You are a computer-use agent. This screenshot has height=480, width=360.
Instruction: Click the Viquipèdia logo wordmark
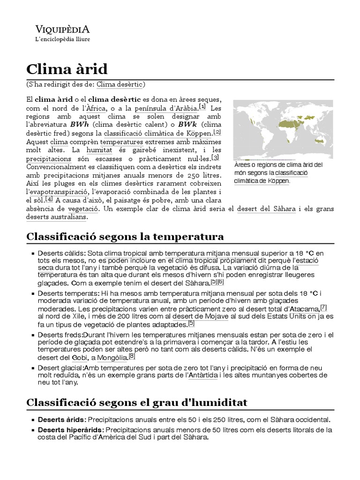pyautogui.click(x=63, y=29)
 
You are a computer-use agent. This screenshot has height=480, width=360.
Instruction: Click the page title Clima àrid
pyautogui.click(x=67, y=69)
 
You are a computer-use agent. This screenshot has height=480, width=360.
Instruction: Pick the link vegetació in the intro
pyautogui.click(x=83, y=209)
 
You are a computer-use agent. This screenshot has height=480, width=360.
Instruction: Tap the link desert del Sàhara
pyautogui.click(x=266, y=209)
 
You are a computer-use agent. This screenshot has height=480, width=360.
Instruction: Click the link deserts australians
pyautogui.click(x=56, y=217)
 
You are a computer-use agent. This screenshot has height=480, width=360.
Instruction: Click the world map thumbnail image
pyautogui.click(x=283, y=129)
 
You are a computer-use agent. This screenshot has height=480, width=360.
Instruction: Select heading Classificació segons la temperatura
pyautogui.click(x=125, y=235)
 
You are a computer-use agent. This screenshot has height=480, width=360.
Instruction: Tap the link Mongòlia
pyautogui.click(x=112, y=358)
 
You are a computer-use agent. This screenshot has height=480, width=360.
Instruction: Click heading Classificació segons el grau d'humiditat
pyautogui.click(x=136, y=403)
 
